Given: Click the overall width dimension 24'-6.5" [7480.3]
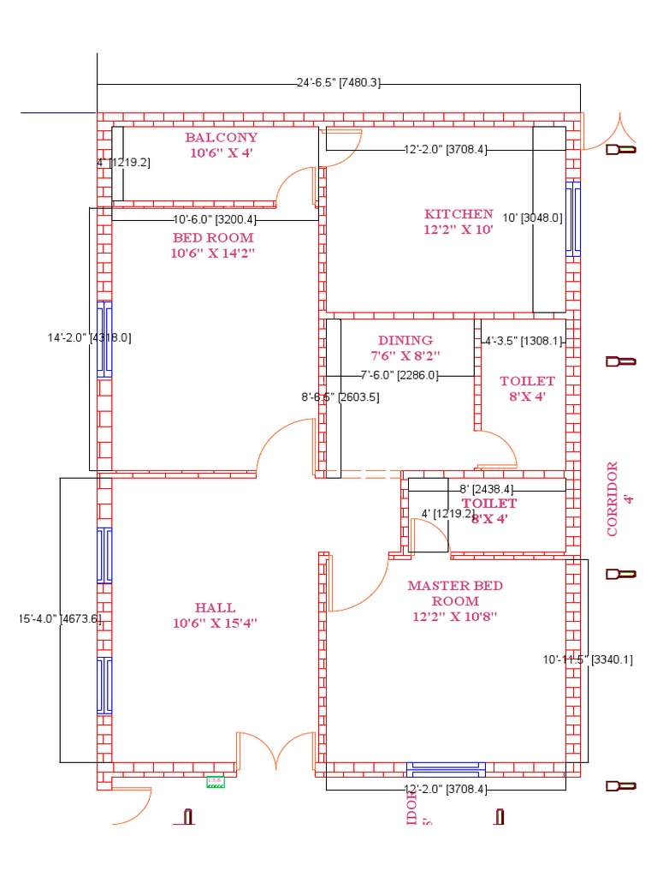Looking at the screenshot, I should coord(338,83).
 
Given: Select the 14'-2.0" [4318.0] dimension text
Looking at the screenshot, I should coord(89,337).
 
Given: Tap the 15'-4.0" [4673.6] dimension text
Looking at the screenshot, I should coord(60,618).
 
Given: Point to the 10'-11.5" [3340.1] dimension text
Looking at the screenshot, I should coord(588,659).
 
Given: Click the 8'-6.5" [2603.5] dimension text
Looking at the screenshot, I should coord(340,397).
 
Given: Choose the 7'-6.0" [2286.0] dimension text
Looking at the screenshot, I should coord(399,375).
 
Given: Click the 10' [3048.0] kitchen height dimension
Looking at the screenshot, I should coord(532,218).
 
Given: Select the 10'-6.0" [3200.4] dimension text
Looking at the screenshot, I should coord(214,219).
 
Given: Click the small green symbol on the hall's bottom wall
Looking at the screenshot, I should coord(216,781).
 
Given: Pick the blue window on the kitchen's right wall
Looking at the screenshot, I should coord(572,218).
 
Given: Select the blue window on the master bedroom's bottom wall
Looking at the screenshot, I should coord(446,769).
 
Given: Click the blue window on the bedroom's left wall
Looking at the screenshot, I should coord(104,339).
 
